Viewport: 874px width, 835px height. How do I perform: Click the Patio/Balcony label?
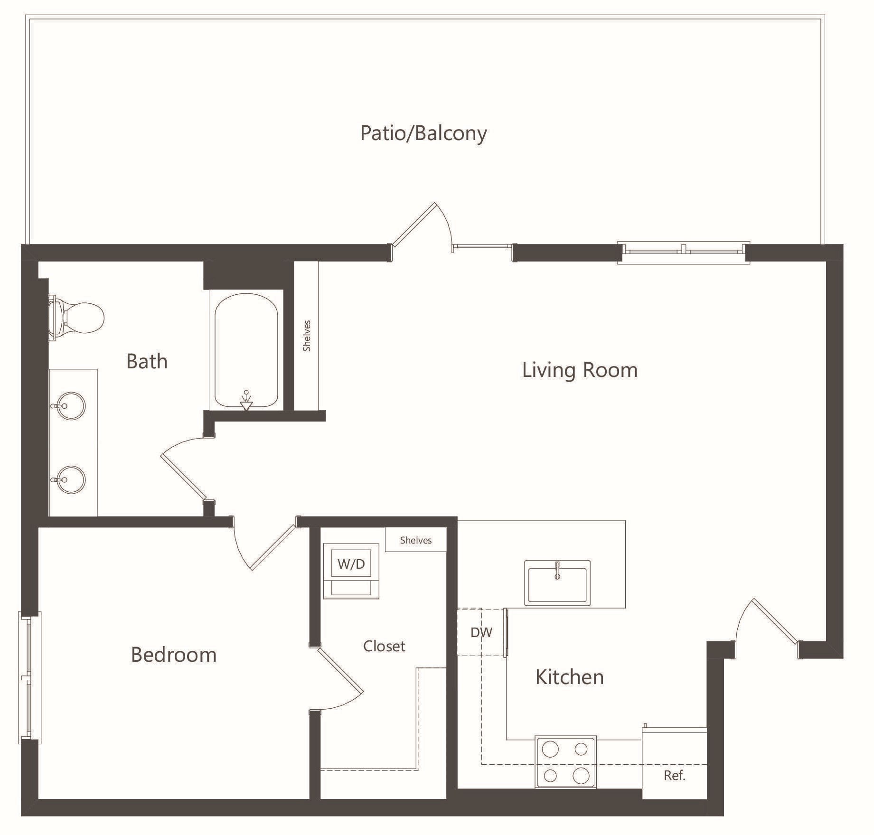point(423,133)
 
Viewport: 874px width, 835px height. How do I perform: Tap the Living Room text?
point(580,370)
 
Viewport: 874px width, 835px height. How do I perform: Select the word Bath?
point(147,361)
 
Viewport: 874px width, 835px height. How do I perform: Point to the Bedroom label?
point(174,655)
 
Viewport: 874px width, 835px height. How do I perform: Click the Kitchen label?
point(569,676)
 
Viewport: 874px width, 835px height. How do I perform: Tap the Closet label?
point(384,646)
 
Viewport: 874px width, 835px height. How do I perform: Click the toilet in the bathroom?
point(76,318)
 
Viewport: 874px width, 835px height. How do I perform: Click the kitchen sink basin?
point(557,583)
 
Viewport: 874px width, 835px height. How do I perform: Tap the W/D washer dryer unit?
point(351,571)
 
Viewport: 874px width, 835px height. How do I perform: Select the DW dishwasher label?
point(481,632)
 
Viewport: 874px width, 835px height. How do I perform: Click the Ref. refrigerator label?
point(675,775)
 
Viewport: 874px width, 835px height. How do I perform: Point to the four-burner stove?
point(565,762)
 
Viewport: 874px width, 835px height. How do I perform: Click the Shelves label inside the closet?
point(416,540)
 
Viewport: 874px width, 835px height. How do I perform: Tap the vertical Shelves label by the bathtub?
point(307,336)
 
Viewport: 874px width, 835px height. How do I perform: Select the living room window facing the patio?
point(684,252)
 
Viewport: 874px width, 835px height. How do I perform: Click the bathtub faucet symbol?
point(246,400)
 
